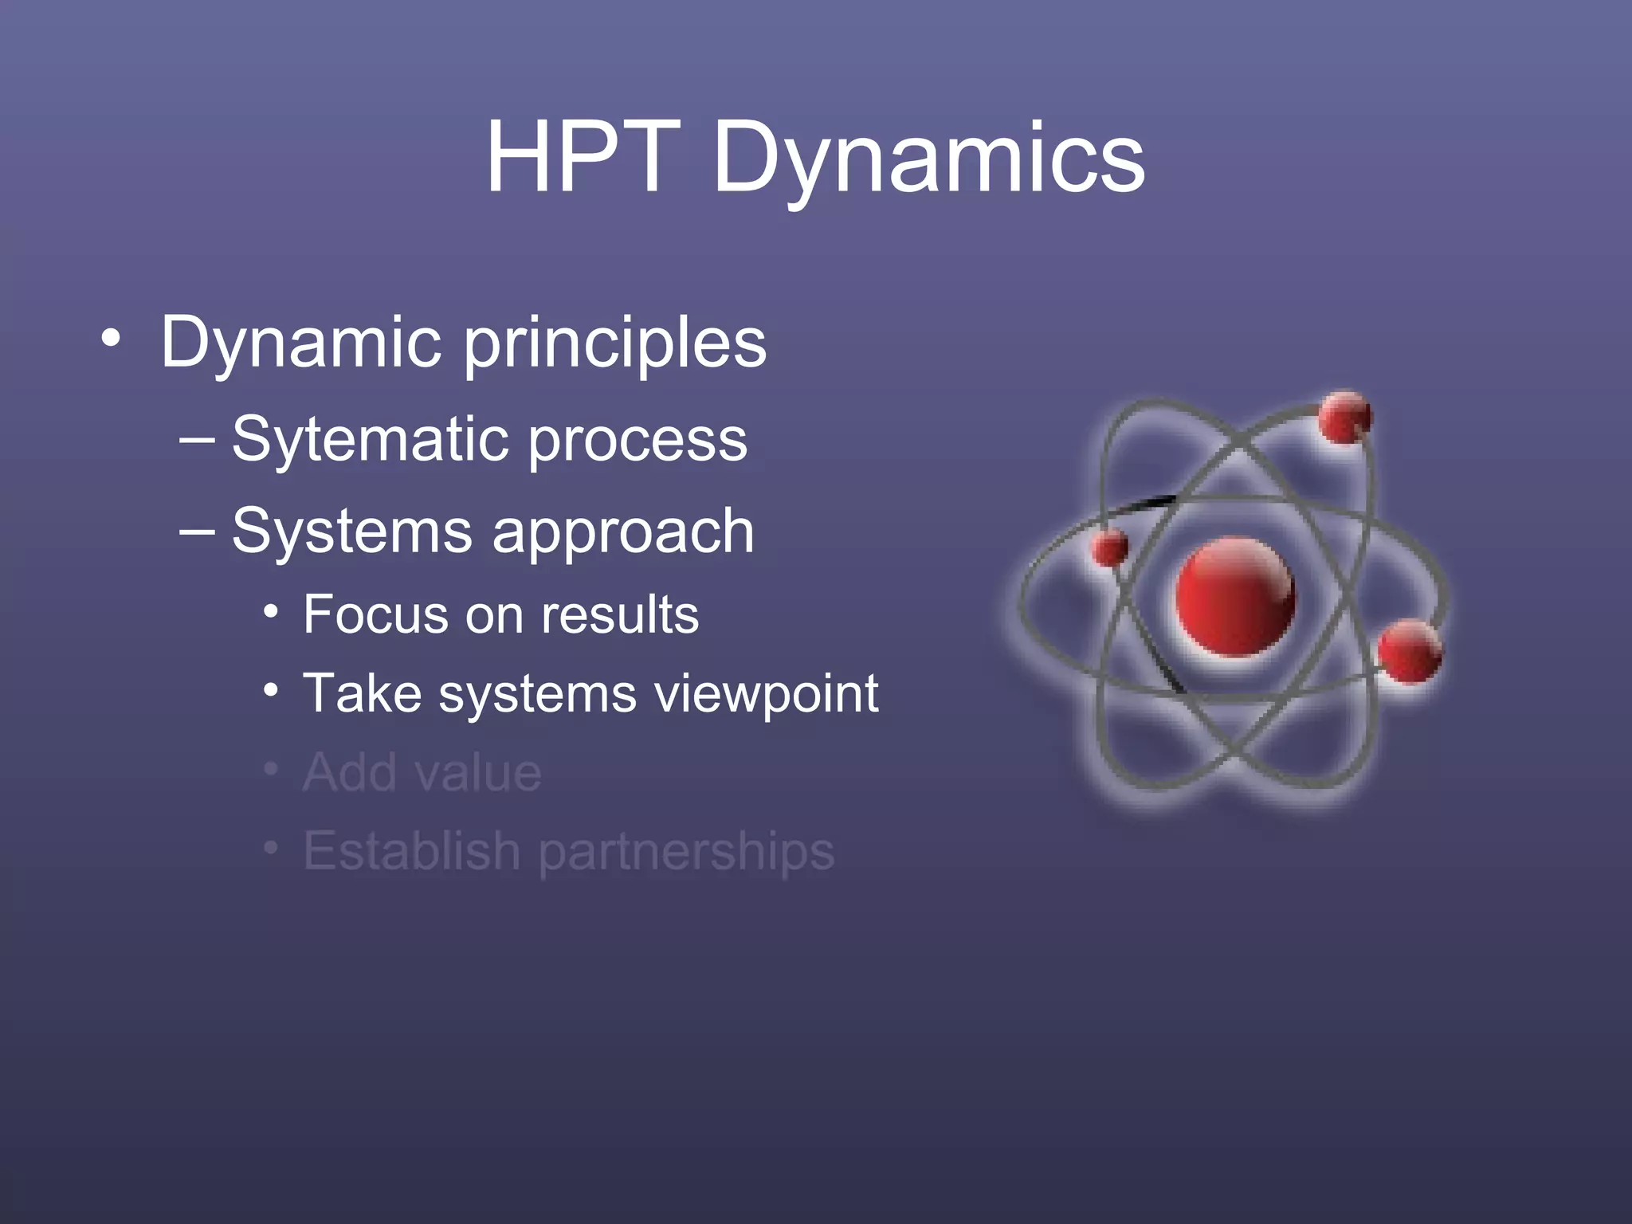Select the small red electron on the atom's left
(x=1109, y=548)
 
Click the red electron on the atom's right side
(x=1409, y=651)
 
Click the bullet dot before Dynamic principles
(x=111, y=340)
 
